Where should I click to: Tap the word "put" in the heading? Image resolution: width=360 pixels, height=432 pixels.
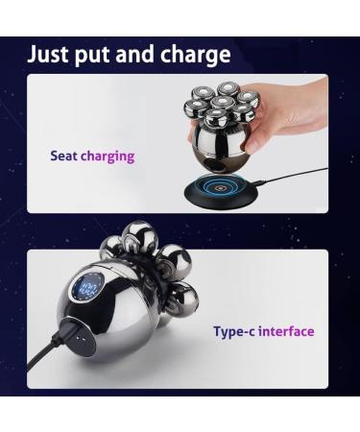(x=103, y=55)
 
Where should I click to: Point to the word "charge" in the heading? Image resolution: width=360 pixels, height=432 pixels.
(x=200, y=55)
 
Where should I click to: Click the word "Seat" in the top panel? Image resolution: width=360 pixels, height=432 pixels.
(x=63, y=156)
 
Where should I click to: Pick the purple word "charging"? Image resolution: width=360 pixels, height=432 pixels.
(x=108, y=156)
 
